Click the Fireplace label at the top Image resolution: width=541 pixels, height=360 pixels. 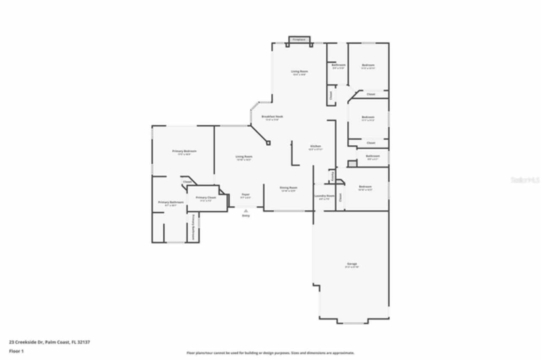click(x=299, y=40)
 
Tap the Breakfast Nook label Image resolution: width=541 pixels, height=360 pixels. click(x=272, y=117)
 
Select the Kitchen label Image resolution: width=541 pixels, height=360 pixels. click(x=316, y=146)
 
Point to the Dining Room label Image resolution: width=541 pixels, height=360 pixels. click(x=289, y=188)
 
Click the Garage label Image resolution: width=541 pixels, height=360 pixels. click(x=352, y=264)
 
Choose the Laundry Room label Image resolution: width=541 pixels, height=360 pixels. click(x=324, y=196)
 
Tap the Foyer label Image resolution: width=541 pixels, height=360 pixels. click(x=246, y=195)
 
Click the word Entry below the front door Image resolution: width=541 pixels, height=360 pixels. click(x=246, y=215)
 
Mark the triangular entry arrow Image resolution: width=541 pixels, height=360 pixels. click(x=246, y=210)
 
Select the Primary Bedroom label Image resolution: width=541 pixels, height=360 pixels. click(x=184, y=151)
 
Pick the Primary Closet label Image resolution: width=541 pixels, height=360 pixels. click(x=206, y=198)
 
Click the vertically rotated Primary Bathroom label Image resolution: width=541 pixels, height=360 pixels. click(x=193, y=227)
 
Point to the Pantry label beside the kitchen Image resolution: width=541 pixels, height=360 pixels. click(x=332, y=176)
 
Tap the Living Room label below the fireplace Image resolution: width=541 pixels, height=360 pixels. click(x=299, y=71)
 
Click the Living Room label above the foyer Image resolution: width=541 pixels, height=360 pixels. click(x=244, y=157)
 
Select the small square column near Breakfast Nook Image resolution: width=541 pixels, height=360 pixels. click(x=268, y=143)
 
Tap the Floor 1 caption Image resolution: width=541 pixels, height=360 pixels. click(x=16, y=351)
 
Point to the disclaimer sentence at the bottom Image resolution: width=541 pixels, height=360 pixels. click(x=270, y=353)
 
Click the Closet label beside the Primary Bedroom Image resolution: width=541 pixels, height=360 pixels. click(x=187, y=182)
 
